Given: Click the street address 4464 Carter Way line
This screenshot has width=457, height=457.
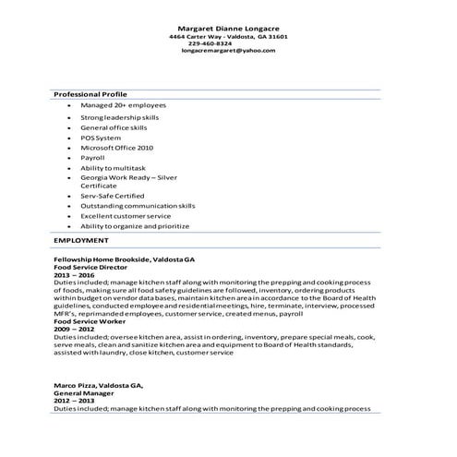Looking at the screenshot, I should click(x=228, y=36).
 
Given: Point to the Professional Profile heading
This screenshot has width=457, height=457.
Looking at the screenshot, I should click(x=90, y=94).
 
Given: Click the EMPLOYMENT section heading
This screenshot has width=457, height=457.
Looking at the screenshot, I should click(x=81, y=240).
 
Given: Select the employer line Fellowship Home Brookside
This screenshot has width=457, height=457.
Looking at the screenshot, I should click(x=124, y=261).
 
